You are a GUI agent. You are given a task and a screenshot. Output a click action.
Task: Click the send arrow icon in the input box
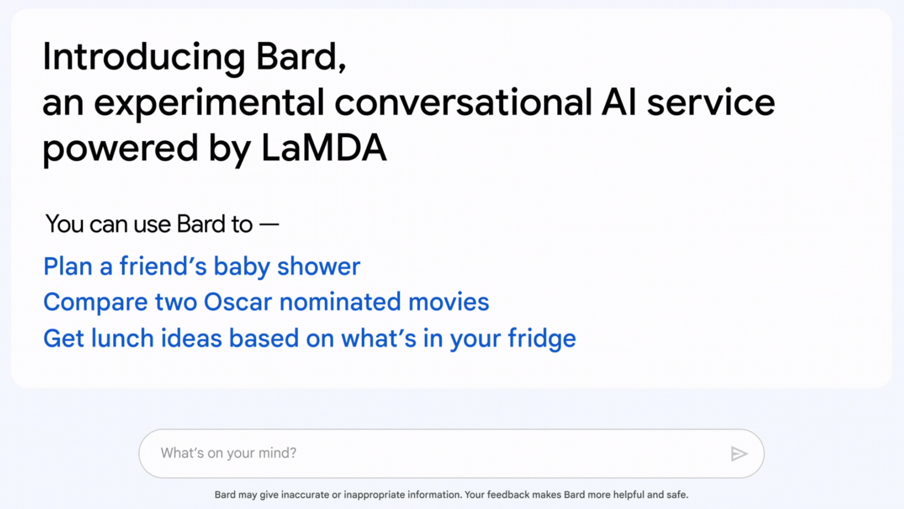pyautogui.click(x=739, y=454)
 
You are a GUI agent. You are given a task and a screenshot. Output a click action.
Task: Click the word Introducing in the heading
pyautogui.click(x=144, y=57)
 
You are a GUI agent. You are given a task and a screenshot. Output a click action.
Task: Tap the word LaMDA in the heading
pyautogui.click(x=323, y=148)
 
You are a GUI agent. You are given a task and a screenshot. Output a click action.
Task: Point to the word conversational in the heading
pyautogui.click(x=463, y=103)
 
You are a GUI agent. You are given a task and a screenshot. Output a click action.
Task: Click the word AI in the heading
pyautogui.click(x=618, y=103)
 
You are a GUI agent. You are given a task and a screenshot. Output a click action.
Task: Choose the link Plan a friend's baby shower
pyautogui.click(x=202, y=267)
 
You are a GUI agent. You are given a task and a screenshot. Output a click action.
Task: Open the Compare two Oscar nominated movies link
pyautogui.click(x=266, y=302)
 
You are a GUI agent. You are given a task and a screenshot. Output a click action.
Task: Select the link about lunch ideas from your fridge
pyautogui.click(x=310, y=339)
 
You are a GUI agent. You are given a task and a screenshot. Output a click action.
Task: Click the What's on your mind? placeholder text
pyautogui.click(x=228, y=453)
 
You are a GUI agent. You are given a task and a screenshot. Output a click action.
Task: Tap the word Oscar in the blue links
pyautogui.click(x=238, y=302)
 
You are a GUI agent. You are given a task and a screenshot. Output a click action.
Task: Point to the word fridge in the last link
pyautogui.click(x=542, y=339)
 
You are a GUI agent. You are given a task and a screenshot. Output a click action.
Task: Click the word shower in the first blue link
pyautogui.click(x=319, y=267)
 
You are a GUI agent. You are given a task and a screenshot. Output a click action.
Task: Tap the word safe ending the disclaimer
pyautogui.click(x=678, y=495)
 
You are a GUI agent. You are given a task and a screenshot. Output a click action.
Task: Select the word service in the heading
pyautogui.click(x=711, y=103)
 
